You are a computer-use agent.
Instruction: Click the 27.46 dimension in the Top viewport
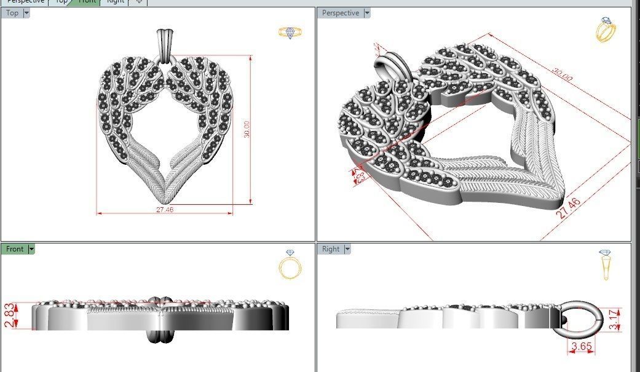165,210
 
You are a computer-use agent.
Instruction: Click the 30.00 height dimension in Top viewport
247,129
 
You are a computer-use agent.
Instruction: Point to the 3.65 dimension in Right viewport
581,347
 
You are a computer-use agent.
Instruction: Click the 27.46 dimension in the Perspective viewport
569,209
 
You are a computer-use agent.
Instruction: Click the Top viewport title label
12,13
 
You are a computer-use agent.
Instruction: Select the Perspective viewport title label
340,13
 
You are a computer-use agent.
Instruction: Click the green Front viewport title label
15,249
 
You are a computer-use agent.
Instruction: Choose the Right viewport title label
330,249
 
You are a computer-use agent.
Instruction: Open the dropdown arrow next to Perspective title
367,13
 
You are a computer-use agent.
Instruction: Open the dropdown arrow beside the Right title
347,249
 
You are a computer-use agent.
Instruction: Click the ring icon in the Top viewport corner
290,33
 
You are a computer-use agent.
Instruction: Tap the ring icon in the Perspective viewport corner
606,30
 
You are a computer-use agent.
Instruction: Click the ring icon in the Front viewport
290,264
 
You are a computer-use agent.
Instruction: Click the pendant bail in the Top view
165,44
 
